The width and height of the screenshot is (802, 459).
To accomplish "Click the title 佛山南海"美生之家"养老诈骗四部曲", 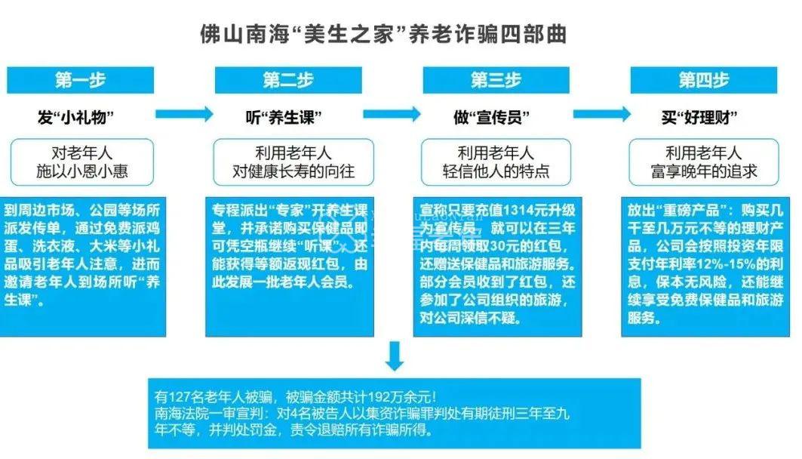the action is (383, 35).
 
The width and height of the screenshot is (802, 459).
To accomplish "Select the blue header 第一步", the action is (80, 80).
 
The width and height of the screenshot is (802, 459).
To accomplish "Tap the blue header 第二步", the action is (288, 80).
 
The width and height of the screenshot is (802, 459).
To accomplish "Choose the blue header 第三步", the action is (496, 80).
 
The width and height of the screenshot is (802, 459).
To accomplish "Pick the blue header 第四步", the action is (703, 80).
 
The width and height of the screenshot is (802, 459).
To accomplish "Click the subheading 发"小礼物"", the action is (75, 117).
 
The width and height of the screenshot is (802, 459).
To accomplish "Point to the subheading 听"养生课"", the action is (284, 117).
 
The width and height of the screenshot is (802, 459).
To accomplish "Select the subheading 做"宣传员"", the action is (491, 117).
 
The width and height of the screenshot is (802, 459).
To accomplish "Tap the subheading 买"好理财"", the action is (699, 117).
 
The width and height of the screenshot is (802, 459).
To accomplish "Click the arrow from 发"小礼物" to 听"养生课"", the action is (184, 113).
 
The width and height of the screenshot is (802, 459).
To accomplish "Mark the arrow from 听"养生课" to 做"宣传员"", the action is (392, 113).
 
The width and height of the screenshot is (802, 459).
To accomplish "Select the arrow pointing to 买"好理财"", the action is (602, 113).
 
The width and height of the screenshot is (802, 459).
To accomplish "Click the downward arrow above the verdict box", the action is (395, 356).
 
